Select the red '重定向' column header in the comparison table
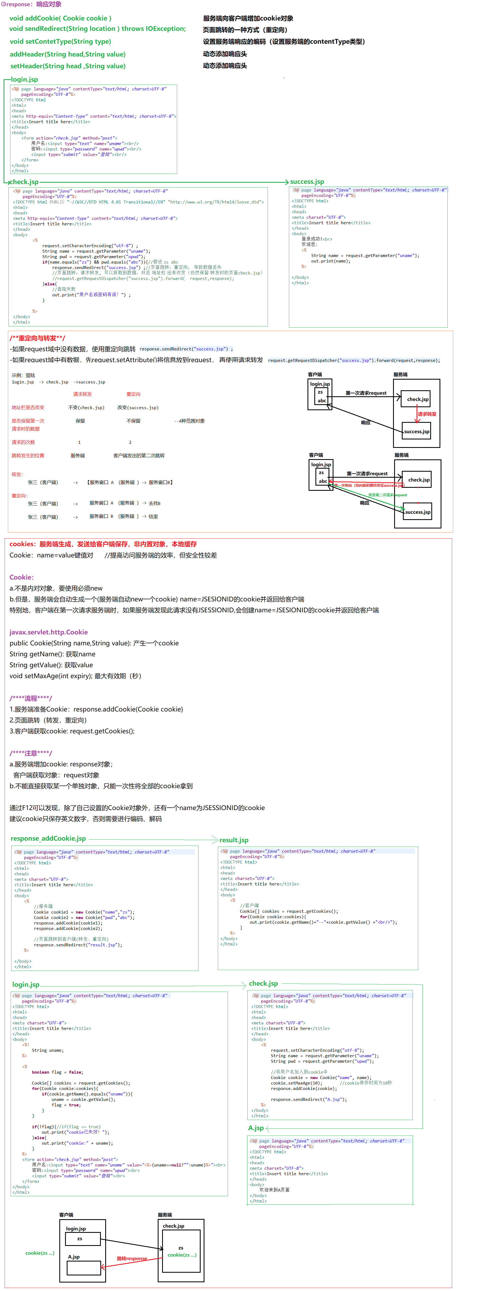click(133, 394)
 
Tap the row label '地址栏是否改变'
click(28, 407)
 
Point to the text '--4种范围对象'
click(190, 421)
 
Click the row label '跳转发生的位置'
click(28, 456)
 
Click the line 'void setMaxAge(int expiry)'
click(75, 676)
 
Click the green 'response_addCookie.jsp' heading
click(48, 838)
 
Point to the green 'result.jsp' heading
click(234, 840)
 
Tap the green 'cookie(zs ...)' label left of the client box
click(40, 1253)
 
